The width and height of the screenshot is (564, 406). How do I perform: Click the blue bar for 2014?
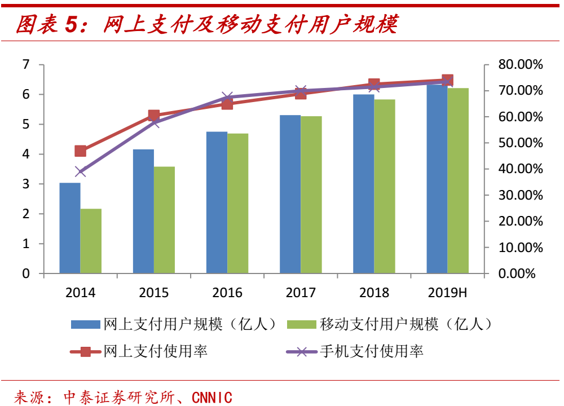click(70, 228)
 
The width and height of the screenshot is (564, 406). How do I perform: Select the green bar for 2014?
click(91, 241)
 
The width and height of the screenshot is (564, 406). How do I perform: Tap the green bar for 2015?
click(164, 220)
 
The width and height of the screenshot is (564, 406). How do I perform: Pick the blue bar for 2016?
click(217, 202)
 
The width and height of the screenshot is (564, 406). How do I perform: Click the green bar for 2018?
click(385, 186)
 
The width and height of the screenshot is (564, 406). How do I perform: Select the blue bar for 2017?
click(290, 194)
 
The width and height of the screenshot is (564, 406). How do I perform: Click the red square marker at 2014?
click(81, 151)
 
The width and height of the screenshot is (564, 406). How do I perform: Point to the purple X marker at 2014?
click(81, 171)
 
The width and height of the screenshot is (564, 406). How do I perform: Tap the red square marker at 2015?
click(154, 116)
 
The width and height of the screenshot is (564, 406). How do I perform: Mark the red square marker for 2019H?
click(448, 80)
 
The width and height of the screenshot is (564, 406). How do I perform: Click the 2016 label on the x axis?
click(227, 293)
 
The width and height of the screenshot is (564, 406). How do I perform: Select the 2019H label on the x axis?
click(447, 293)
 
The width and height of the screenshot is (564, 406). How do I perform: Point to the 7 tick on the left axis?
click(26, 65)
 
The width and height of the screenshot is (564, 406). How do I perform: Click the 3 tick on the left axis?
click(26, 184)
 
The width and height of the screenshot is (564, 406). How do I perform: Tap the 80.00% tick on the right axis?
click(520, 65)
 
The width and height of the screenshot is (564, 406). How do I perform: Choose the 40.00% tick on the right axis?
click(520, 169)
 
